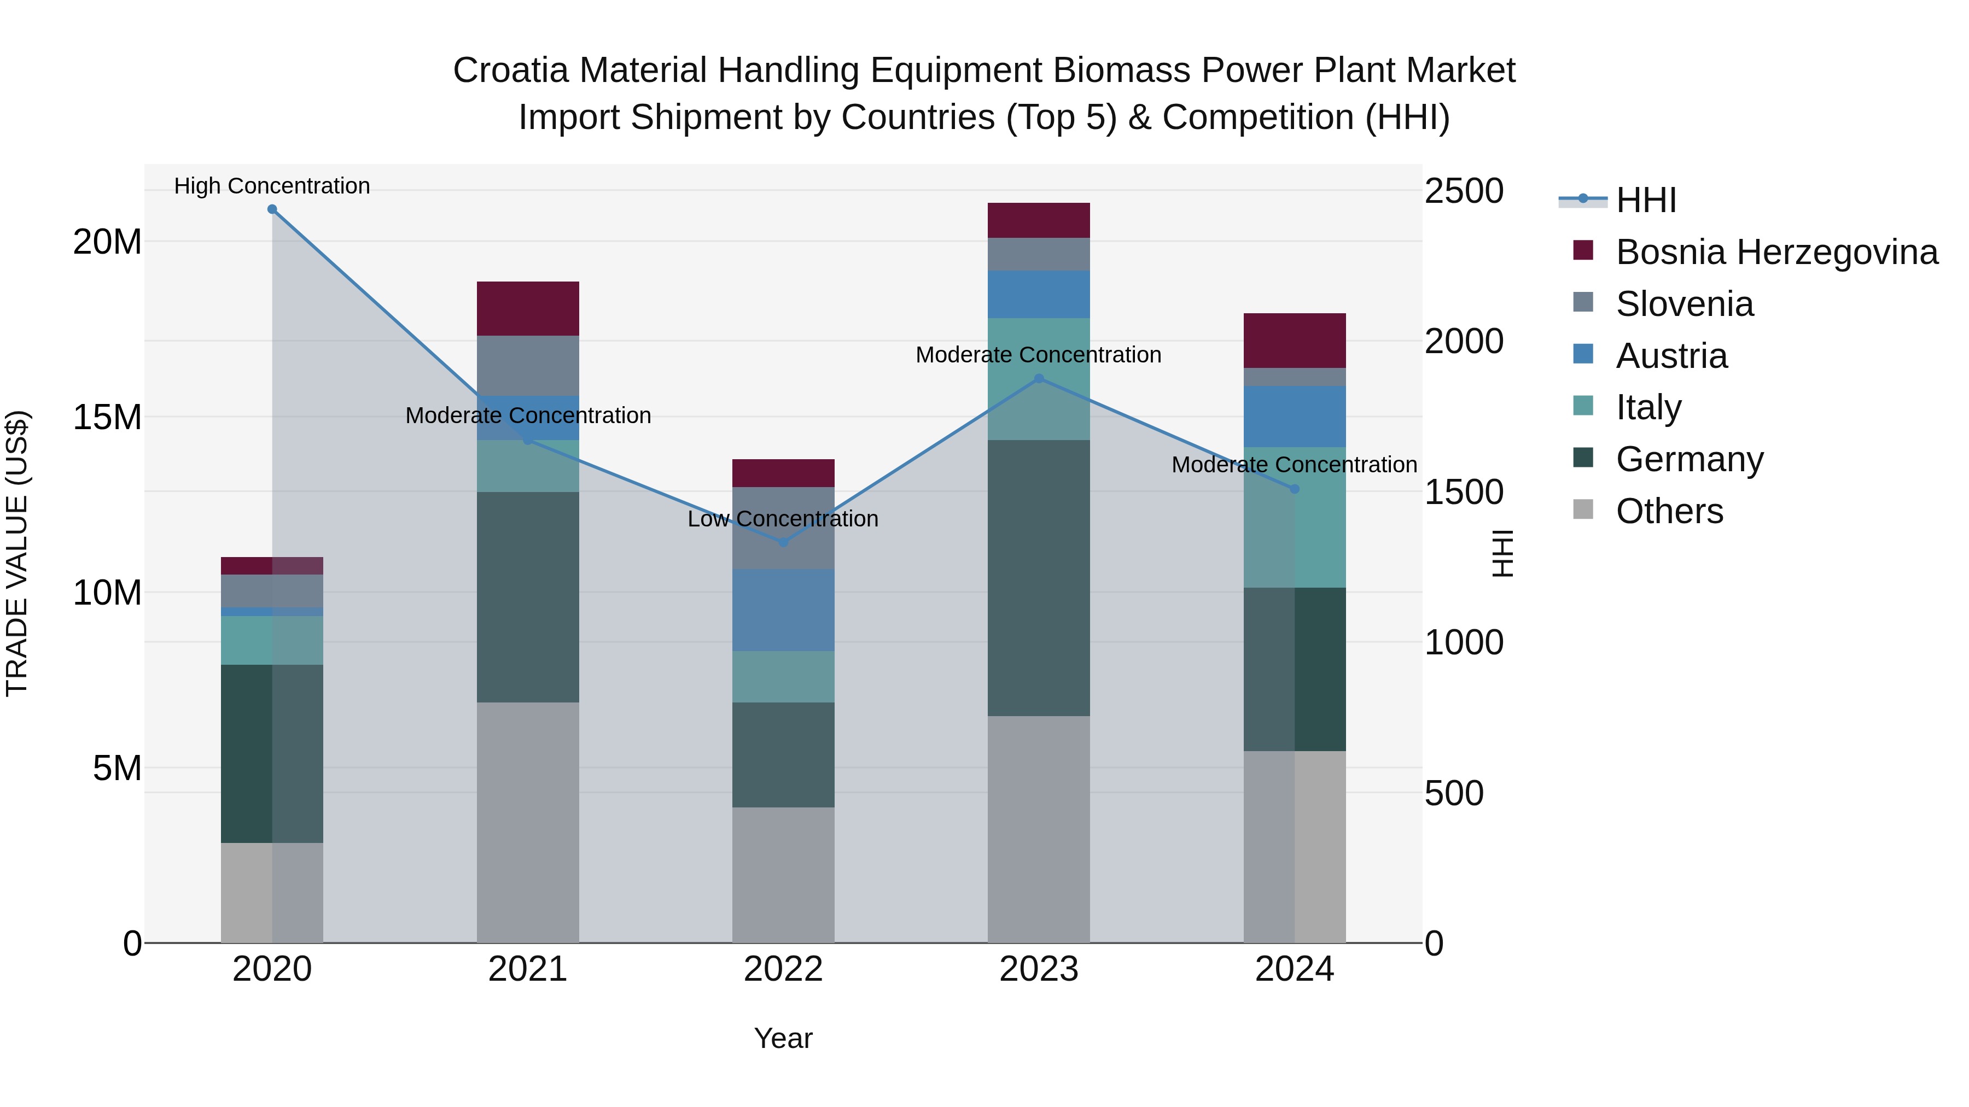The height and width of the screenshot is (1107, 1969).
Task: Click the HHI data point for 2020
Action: pyautogui.click(x=272, y=209)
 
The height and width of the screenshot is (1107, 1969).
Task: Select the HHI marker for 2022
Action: pyautogui.click(x=783, y=542)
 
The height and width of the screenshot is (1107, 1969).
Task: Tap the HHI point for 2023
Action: pyautogui.click(x=1039, y=378)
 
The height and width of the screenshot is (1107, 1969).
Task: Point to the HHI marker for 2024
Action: pyautogui.click(x=1294, y=489)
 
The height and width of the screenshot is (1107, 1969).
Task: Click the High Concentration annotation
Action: pyautogui.click(x=272, y=186)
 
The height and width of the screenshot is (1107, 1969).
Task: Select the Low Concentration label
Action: pyautogui.click(x=783, y=519)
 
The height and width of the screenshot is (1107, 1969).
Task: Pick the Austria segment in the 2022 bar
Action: pyautogui.click(x=783, y=610)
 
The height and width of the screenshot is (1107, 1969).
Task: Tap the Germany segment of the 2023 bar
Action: pyautogui.click(x=1039, y=578)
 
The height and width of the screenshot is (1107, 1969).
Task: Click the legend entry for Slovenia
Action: pyautogui.click(x=1685, y=304)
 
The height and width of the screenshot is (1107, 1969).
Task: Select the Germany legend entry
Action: pyautogui.click(x=1690, y=459)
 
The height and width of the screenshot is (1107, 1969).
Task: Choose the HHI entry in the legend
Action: pyautogui.click(x=1646, y=200)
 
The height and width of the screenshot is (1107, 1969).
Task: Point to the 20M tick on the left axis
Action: pyautogui.click(x=108, y=242)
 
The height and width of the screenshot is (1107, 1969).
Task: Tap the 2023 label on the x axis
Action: pyautogui.click(x=1039, y=969)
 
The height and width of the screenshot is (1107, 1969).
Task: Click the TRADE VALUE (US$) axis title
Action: pyautogui.click(x=17, y=553)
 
